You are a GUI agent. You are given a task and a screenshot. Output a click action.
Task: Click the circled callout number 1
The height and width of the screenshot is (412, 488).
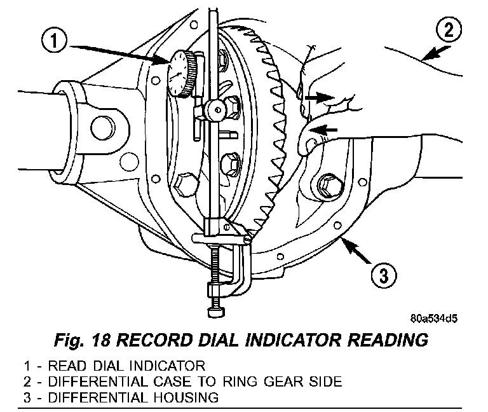[56, 41]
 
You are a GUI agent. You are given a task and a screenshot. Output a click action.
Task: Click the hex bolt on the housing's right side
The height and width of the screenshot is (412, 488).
[327, 186]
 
